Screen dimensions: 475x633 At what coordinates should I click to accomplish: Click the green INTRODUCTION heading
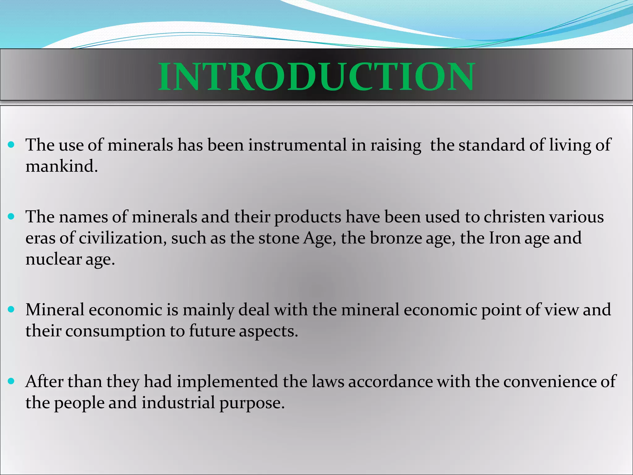click(316, 76)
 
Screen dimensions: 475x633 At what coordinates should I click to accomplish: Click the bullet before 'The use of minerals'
click(11, 144)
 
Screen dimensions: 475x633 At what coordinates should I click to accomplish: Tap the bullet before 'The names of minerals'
click(11, 216)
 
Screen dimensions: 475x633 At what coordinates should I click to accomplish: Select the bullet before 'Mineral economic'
click(11, 309)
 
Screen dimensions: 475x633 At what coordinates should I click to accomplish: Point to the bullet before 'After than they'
click(11, 381)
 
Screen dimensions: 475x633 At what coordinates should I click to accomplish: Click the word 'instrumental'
click(297, 145)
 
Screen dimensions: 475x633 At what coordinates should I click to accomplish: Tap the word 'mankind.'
click(62, 167)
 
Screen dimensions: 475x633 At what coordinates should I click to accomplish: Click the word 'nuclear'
click(53, 259)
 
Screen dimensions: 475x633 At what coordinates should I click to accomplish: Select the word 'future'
click(212, 331)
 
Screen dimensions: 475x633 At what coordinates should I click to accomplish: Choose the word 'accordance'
click(390, 382)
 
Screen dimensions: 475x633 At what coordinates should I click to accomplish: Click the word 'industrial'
click(178, 403)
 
